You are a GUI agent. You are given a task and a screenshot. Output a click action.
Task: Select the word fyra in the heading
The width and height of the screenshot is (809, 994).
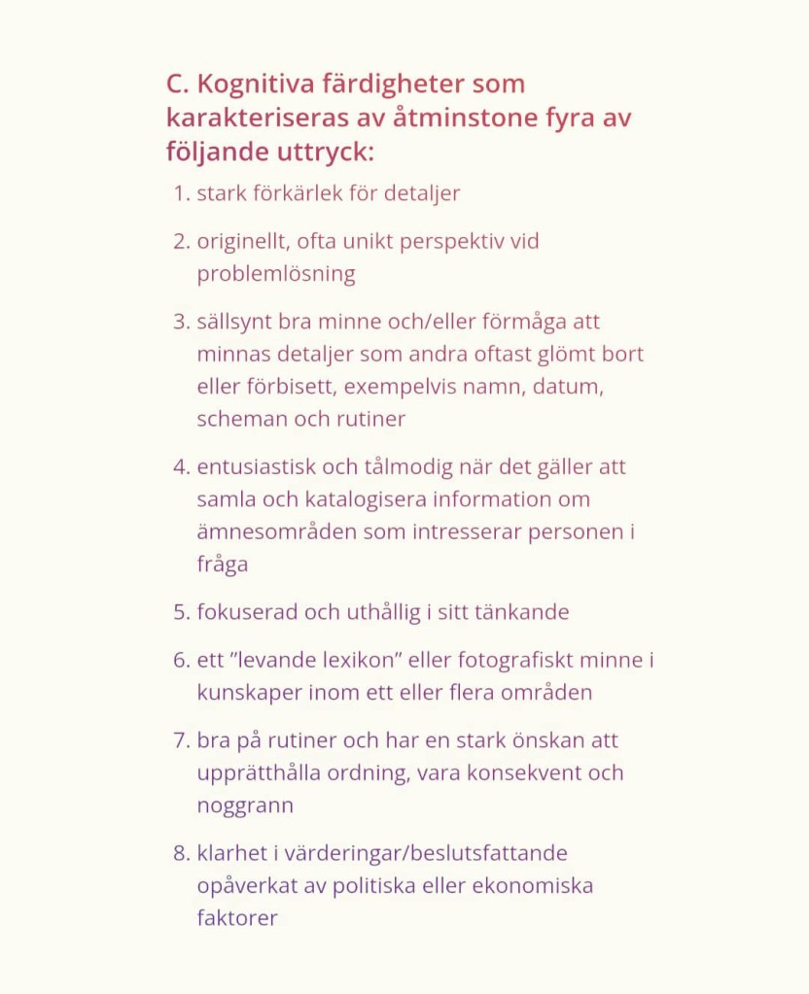point(569,119)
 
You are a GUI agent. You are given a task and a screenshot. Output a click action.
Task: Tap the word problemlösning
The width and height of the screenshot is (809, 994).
point(276,274)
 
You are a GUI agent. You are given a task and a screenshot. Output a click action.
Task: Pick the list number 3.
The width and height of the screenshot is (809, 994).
point(180,322)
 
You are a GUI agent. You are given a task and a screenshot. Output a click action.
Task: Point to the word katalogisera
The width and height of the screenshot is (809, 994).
point(364,499)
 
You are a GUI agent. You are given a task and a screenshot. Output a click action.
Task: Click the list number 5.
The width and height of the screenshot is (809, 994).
point(180,613)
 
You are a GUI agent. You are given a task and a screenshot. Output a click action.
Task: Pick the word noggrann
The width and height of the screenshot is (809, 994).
point(245,805)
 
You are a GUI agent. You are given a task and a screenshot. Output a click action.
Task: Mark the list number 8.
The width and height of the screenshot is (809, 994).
point(180,853)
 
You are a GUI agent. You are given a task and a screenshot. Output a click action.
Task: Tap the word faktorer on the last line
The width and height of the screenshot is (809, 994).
point(237,918)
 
